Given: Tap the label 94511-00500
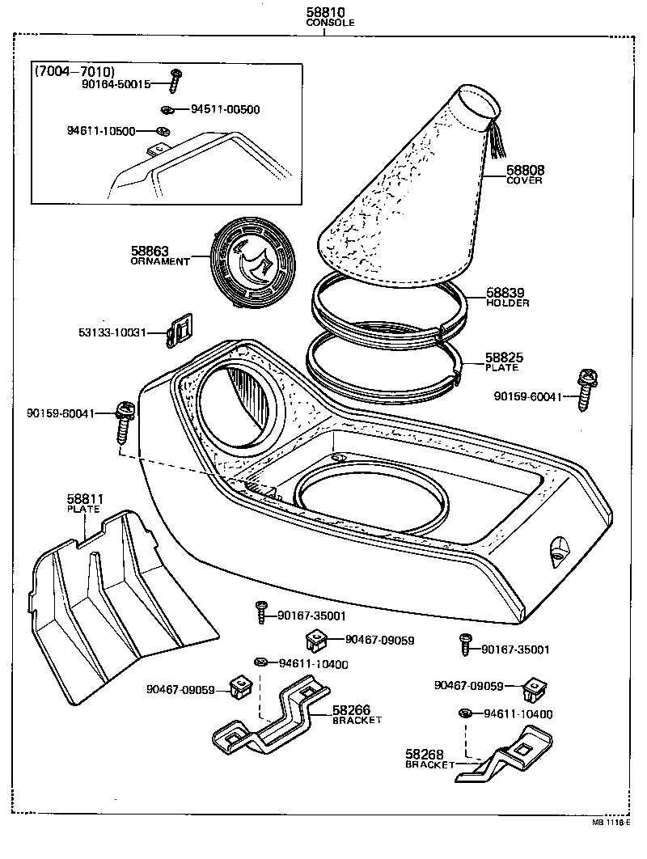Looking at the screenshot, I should (x=225, y=109).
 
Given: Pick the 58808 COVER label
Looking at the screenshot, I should (x=525, y=174).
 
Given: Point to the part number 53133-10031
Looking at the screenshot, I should (x=113, y=332).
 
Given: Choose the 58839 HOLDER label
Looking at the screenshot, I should (x=507, y=297).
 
